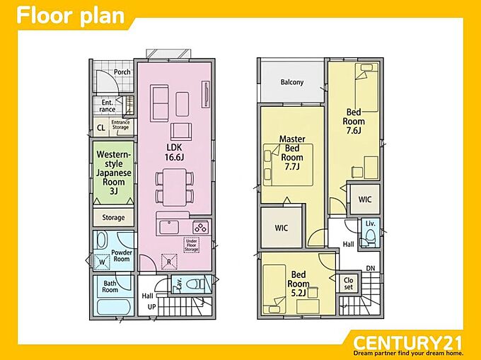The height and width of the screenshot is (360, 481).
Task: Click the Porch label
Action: click(x=122, y=72)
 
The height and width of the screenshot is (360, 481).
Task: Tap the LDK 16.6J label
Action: click(x=174, y=152)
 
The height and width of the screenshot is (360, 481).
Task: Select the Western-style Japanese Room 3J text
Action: click(x=114, y=173)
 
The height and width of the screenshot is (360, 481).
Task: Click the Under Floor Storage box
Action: click(x=192, y=245)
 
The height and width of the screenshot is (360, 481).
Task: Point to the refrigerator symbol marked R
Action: click(x=169, y=262)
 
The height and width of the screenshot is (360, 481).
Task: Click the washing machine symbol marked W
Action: click(x=102, y=262)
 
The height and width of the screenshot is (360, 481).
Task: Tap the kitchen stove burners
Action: click(x=201, y=228)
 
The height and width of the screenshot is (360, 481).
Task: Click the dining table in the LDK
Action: click(x=174, y=187)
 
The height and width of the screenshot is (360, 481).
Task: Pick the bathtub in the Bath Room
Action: click(x=113, y=307)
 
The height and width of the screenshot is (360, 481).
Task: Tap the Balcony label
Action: click(x=292, y=82)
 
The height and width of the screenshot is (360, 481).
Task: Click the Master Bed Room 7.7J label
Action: click(x=292, y=153)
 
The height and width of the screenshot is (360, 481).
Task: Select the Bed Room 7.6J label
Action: click(x=354, y=121)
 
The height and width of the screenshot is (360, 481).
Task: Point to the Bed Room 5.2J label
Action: click(x=299, y=284)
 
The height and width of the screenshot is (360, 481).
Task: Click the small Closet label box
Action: click(x=349, y=284)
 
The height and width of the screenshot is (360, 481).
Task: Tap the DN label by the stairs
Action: click(x=371, y=268)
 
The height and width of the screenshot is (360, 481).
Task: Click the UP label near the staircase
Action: click(x=152, y=307)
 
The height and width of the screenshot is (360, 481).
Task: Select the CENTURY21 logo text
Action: click(x=407, y=343)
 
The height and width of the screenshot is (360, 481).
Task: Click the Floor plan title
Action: click(x=71, y=16)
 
